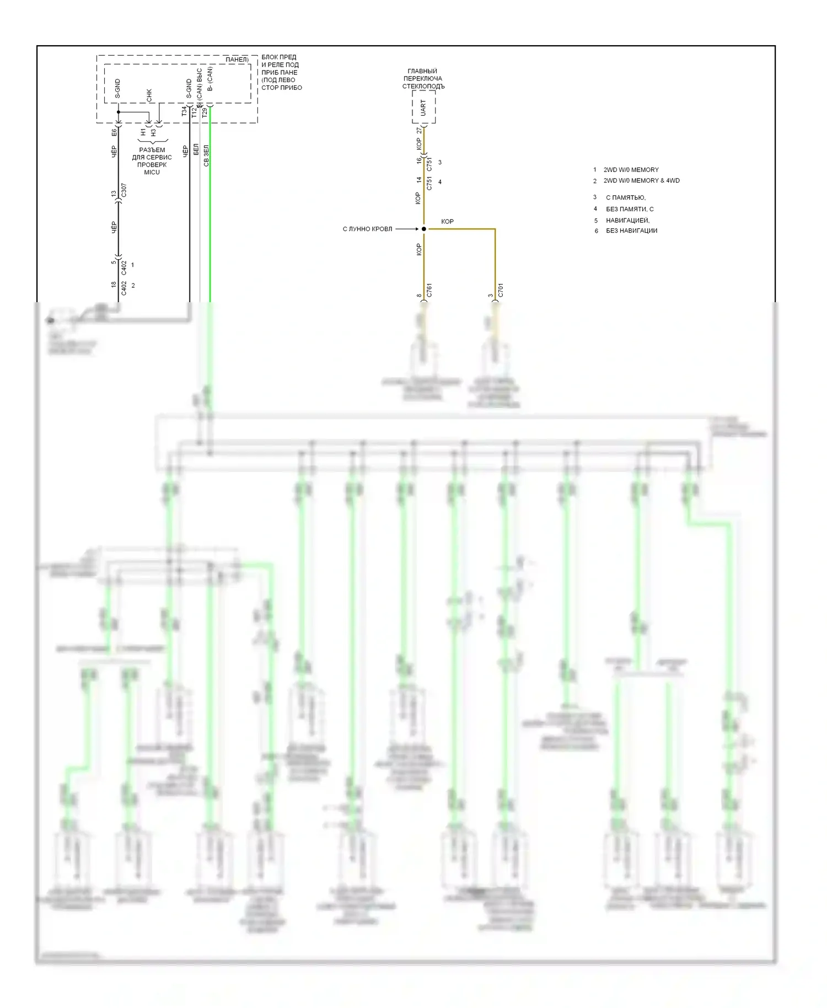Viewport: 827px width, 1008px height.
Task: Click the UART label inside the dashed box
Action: click(x=423, y=108)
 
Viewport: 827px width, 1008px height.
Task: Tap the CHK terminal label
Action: click(x=149, y=95)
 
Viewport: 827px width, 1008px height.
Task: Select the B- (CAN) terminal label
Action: click(x=210, y=79)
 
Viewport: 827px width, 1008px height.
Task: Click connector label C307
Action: click(x=124, y=190)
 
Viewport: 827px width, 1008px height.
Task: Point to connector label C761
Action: click(x=429, y=290)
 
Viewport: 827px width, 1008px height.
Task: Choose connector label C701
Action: click(x=501, y=290)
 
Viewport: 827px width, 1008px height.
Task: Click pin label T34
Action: click(x=184, y=112)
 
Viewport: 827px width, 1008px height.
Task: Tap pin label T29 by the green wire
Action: click(x=205, y=112)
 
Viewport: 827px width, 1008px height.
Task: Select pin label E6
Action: click(x=114, y=132)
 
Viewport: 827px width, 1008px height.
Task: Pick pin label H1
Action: click(x=143, y=132)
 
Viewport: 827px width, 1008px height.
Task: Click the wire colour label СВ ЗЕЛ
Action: click(x=206, y=156)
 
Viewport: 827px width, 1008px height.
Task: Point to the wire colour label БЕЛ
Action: click(x=196, y=149)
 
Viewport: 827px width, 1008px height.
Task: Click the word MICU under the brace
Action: click(x=152, y=173)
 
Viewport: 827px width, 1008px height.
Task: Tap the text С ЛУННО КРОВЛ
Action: click(x=367, y=229)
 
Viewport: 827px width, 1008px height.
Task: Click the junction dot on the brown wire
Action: click(x=424, y=229)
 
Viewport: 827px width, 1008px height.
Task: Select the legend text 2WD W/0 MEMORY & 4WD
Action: click(x=641, y=181)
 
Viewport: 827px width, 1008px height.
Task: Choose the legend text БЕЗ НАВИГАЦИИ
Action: click(x=631, y=231)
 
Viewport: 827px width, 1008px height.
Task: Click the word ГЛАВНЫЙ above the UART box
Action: click(x=422, y=71)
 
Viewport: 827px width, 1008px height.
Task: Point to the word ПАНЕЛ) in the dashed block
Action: click(x=237, y=60)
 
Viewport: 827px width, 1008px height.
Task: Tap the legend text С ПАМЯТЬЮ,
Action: click(x=626, y=197)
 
